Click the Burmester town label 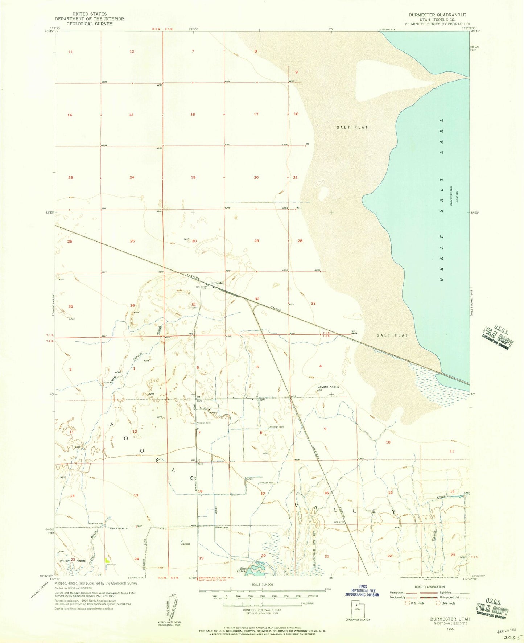coord(216,283)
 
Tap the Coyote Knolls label coord(328,387)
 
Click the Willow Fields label coord(73,561)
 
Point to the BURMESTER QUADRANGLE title coord(437,15)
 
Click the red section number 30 coord(194,241)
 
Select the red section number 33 coord(313,303)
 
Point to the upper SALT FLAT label coord(352,127)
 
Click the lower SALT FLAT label coord(392,335)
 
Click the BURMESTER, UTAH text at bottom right coord(450,619)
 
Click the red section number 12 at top coord(132,52)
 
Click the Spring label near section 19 coord(186,544)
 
